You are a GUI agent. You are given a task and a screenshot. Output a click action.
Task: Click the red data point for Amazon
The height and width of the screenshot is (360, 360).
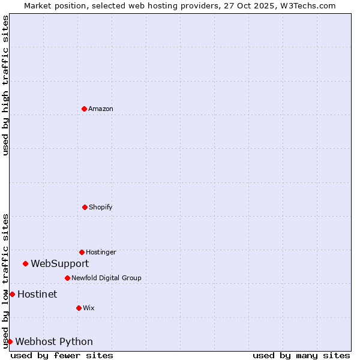tap(84, 109)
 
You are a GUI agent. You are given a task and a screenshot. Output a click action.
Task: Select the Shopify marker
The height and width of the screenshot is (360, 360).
tap(85, 207)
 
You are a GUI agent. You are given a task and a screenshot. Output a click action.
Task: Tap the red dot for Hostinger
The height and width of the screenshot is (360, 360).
tap(82, 252)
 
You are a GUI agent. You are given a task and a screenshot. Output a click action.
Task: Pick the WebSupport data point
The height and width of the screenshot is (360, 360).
tap(25, 263)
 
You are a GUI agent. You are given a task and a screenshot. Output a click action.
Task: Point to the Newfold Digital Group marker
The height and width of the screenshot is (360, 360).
tap(67, 278)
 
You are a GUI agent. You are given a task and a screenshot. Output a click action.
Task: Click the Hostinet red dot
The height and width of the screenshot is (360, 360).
tap(12, 294)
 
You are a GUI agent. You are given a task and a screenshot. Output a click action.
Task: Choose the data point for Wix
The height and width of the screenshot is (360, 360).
tap(79, 308)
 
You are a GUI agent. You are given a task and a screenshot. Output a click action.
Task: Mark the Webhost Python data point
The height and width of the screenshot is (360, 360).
tap(10, 341)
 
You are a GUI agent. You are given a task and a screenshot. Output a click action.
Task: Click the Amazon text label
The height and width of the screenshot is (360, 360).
tap(101, 109)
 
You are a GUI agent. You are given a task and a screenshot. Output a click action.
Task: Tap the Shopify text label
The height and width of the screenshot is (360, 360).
tap(101, 207)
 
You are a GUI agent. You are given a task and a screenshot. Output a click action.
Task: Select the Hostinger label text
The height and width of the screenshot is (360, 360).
tap(101, 252)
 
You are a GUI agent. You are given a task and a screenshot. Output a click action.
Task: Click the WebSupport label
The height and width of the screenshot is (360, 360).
tap(60, 263)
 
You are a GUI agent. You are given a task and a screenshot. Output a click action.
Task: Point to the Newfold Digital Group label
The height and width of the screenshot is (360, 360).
tap(106, 278)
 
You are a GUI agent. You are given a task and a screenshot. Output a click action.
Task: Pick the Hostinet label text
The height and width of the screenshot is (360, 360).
tap(37, 294)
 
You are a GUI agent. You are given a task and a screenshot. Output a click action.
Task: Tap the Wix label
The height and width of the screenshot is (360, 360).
tap(89, 308)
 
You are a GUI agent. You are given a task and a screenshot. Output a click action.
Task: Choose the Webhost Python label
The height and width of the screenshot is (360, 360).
tap(54, 341)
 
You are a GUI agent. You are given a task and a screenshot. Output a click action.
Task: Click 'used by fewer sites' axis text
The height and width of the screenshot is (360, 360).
tap(62, 355)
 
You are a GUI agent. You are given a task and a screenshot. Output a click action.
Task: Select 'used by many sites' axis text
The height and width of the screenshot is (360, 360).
tap(301, 355)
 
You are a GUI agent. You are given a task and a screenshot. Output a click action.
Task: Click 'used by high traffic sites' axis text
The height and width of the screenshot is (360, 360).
tap(5, 85)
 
